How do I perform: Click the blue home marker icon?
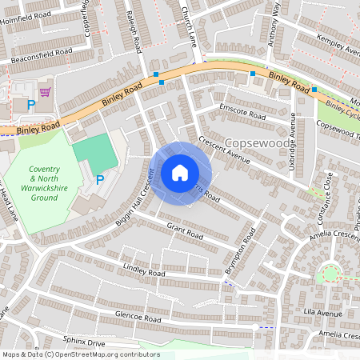click(x=180, y=173)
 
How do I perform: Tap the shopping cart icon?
click(x=44, y=92)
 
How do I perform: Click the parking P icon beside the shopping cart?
click(x=31, y=105)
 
